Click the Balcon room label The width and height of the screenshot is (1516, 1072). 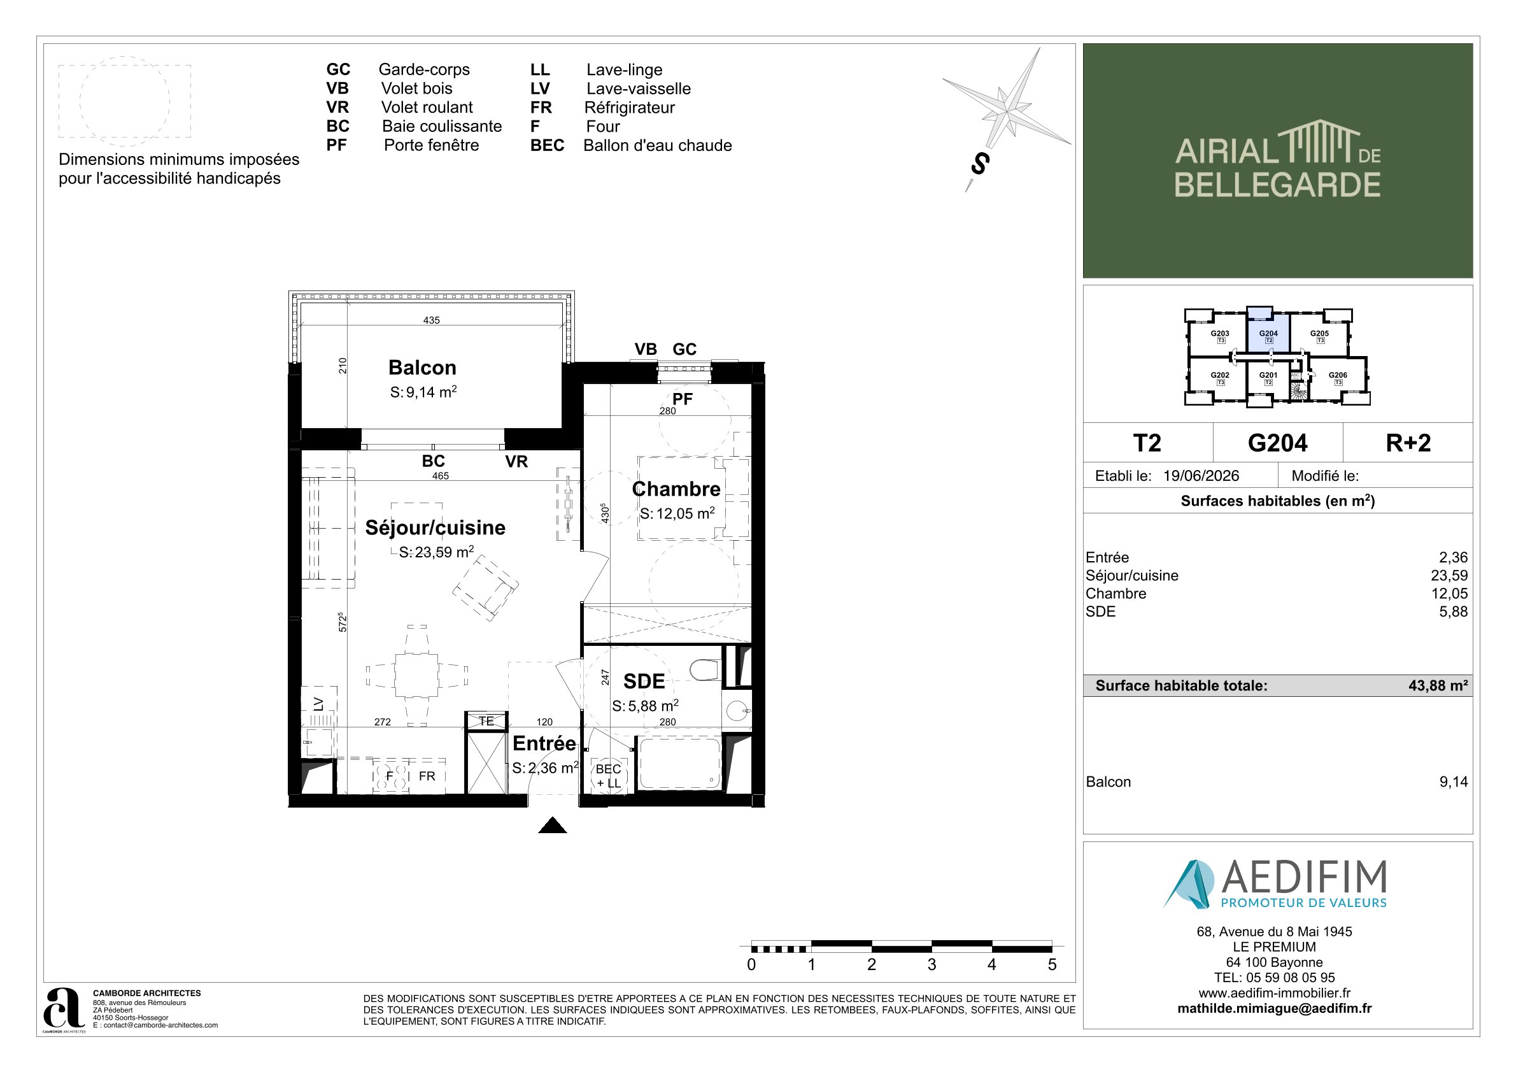click(x=422, y=368)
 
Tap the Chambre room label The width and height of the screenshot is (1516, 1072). click(x=676, y=489)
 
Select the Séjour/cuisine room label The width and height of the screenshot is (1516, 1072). click(x=435, y=527)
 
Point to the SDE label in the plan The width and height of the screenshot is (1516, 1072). click(x=644, y=681)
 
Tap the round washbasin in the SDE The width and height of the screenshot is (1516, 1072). click(x=737, y=711)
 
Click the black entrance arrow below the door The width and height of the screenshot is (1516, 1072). click(x=553, y=825)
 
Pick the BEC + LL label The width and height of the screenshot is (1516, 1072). click(x=608, y=776)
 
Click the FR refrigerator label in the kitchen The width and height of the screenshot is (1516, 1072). click(x=427, y=776)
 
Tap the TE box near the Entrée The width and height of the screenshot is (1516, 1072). click(x=486, y=721)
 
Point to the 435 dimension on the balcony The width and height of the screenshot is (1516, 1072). click(x=431, y=320)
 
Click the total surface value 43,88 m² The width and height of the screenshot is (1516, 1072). click(x=1438, y=685)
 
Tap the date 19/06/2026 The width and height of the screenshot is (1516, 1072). click(x=1201, y=476)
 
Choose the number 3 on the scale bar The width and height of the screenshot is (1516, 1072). click(x=932, y=964)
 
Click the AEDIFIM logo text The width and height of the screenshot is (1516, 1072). click(x=1304, y=877)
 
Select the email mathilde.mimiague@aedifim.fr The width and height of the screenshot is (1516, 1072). click(x=1274, y=1008)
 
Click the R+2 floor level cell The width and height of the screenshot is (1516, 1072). click(x=1408, y=443)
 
